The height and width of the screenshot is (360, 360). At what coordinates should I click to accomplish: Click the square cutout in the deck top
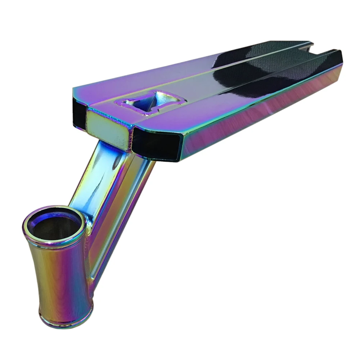[144, 103]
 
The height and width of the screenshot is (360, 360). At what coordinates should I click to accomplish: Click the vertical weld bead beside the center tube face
[130, 137]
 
